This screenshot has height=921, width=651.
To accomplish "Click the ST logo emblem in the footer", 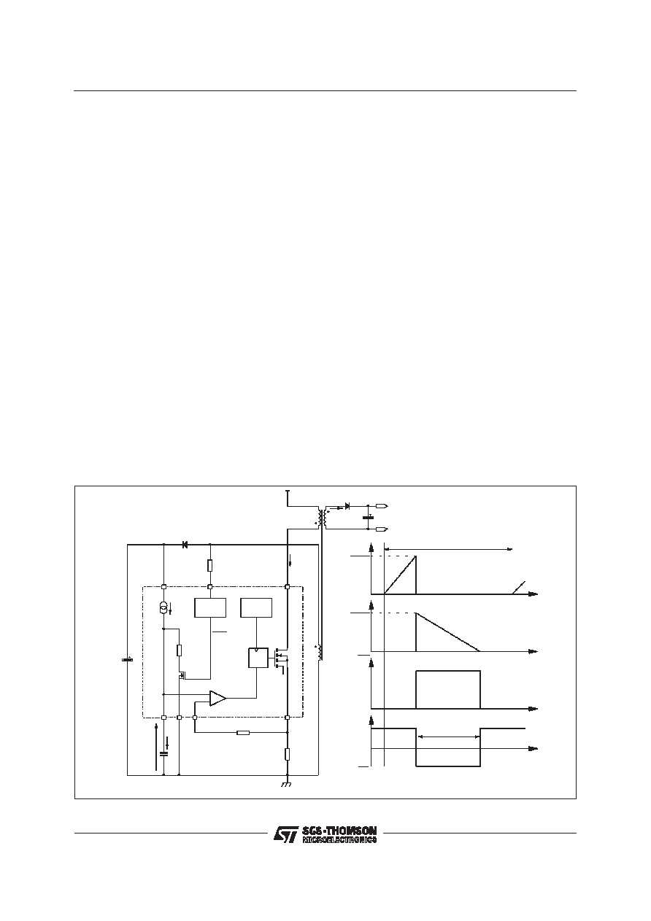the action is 286,834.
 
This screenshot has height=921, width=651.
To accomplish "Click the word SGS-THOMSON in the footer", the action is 339,831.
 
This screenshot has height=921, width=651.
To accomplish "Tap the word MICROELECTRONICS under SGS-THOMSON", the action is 339,839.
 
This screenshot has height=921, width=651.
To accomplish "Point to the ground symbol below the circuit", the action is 286,785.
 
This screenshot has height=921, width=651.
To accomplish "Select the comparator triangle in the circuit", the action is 217,698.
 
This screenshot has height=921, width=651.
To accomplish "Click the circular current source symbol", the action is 163,607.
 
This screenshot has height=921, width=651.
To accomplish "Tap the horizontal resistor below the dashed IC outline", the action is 243,732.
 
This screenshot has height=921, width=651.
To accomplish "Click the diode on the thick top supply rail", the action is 185,545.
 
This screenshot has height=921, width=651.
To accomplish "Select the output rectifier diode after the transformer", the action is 347,506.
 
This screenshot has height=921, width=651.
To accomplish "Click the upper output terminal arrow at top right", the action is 382,506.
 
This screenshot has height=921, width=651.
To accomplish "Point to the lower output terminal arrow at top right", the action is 382,529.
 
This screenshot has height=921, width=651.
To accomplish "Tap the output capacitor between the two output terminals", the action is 368,517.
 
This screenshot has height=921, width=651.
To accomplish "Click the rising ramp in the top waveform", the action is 400,575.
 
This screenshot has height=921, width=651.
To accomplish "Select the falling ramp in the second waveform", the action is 448,632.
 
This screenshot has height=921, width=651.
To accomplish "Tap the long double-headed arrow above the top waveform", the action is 448,549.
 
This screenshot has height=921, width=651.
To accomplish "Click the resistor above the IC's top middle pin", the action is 210,565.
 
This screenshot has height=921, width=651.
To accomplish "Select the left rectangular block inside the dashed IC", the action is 210,607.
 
